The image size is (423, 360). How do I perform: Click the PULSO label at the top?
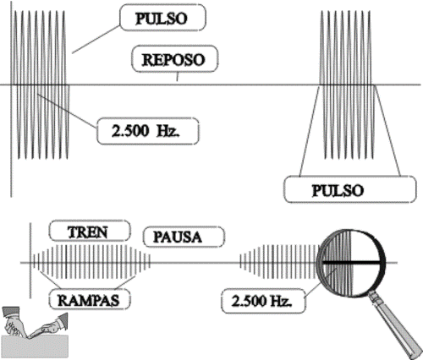pyautogui.click(x=163, y=18)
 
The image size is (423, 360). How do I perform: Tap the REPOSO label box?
pyautogui.click(x=175, y=59)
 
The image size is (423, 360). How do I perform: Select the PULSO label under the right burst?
pyautogui.click(x=349, y=189)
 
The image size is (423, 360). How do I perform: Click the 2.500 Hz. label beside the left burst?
pyautogui.click(x=148, y=131)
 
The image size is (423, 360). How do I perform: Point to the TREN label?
pyautogui.click(x=90, y=232)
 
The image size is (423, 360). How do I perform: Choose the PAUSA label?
pyautogui.click(x=184, y=237)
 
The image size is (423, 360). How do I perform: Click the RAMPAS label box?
pyautogui.click(x=90, y=299)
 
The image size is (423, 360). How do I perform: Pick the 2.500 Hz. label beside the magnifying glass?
pyautogui.click(x=263, y=301)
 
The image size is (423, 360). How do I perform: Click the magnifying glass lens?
pyautogui.click(x=351, y=263)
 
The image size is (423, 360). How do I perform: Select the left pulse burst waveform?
pyautogui.click(x=41, y=85)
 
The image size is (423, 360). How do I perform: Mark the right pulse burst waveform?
pyautogui.click(x=348, y=85)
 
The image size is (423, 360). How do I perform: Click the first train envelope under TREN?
pyautogui.click(x=91, y=262)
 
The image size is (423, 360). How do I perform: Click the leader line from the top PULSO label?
pyautogui.click(x=96, y=39)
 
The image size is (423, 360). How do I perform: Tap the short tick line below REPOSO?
pyautogui.click(x=177, y=77)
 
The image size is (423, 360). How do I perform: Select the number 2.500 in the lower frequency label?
pyautogui.click(x=248, y=301)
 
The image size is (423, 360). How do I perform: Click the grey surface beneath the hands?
pyautogui.click(x=36, y=347)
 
